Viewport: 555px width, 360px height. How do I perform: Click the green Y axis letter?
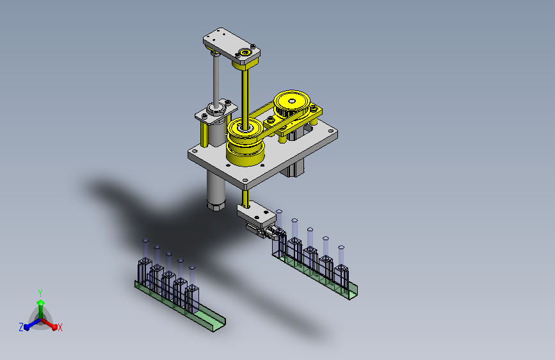[40, 293]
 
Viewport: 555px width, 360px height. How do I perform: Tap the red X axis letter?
[60, 328]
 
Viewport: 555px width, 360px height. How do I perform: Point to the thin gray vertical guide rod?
[216, 79]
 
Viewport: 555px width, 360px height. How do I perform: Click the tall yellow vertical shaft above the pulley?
[245, 95]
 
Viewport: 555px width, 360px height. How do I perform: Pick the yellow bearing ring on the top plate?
[245, 53]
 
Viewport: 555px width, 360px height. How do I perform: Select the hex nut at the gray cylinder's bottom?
[216, 205]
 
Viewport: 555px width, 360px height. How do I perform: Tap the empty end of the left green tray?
[212, 320]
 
